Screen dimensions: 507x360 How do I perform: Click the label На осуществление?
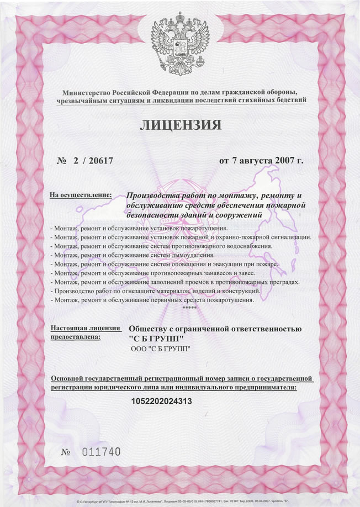81,195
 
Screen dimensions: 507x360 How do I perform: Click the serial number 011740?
100,452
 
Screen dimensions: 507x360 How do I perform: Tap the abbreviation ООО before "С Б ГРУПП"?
139,350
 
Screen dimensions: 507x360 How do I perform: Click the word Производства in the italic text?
155,195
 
